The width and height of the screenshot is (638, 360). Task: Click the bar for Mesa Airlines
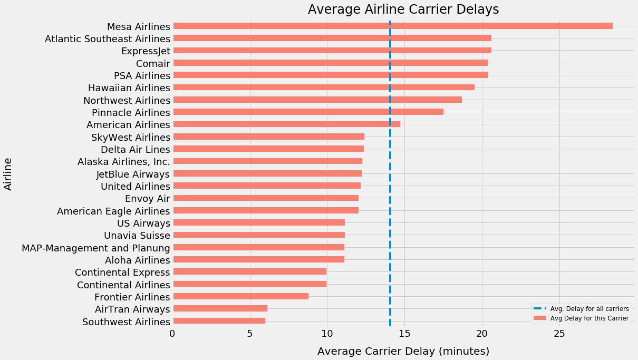point(392,26)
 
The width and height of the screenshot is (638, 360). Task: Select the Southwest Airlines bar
point(219,321)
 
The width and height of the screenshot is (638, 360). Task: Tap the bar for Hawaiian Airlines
point(323,87)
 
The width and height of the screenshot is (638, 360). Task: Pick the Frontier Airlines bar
point(240,296)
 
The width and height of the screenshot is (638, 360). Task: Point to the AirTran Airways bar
point(220,309)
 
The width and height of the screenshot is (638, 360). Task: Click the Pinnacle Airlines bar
point(308,112)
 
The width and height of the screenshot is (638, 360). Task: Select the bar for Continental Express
point(249,272)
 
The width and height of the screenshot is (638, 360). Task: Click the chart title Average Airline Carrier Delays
point(403,9)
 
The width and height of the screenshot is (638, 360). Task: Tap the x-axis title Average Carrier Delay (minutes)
point(403,351)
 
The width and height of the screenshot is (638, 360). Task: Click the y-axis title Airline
point(8,173)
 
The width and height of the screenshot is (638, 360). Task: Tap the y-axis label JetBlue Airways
point(133,174)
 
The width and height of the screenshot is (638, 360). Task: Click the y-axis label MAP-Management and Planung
point(95,248)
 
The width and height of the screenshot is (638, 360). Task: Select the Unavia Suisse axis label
point(137,235)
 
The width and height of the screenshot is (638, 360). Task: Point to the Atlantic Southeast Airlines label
point(108,38)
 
